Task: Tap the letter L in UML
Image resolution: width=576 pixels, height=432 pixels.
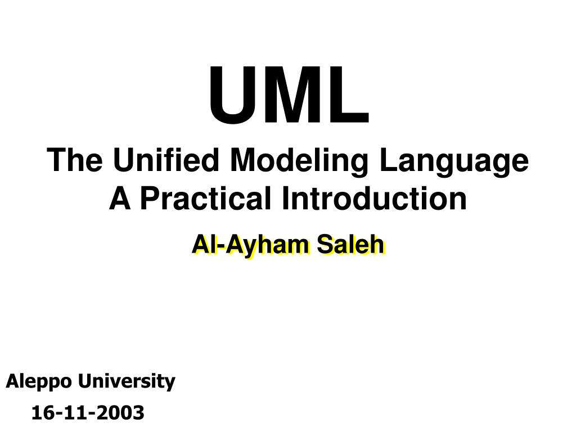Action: pyautogui.click(x=352, y=96)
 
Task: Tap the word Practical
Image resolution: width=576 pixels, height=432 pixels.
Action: pyautogui.click(x=203, y=198)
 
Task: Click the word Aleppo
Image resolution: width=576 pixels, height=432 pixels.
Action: pyautogui.click(x=39, y=382)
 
